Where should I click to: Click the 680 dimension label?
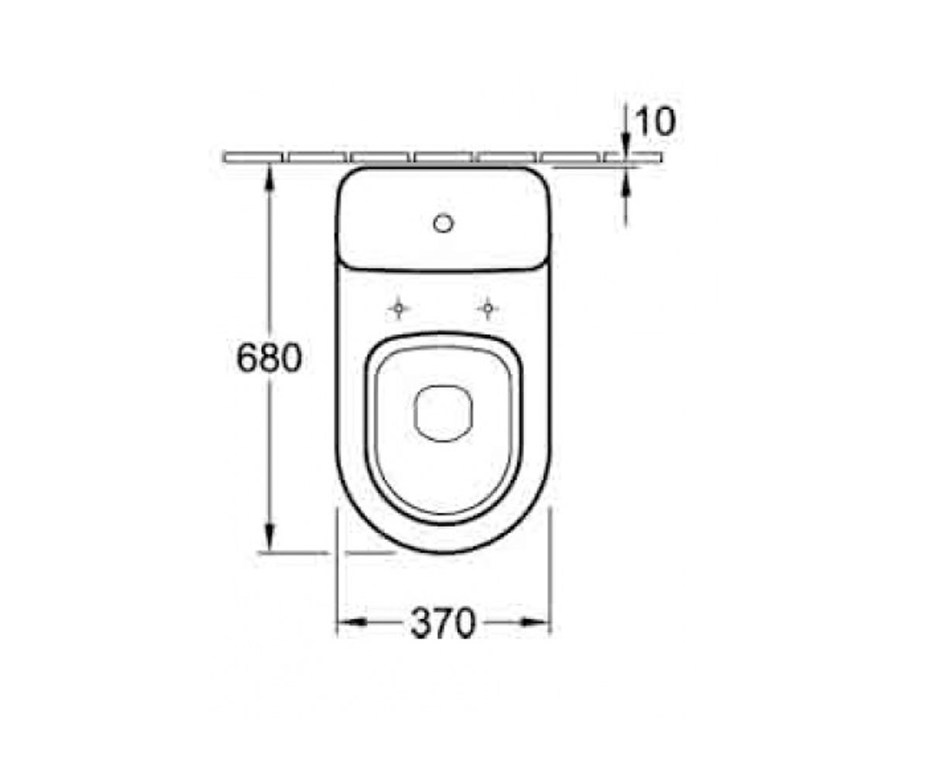tap(269, 358)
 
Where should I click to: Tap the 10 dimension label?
tap(655, 122)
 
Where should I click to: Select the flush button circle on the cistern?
tap(443, 224)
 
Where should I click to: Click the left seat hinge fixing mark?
tap(399, 308)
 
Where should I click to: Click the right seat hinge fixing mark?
tap(488, 308)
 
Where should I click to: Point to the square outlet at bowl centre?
tap(443, 413)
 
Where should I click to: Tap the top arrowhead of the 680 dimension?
tap(269, 177)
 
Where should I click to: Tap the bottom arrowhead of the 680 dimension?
tap(269, 538)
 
